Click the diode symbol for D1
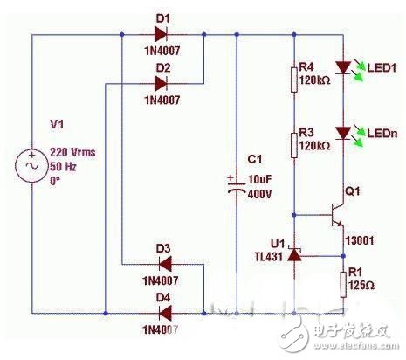click(x=161, y=36)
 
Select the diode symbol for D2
click(x=161, y=84)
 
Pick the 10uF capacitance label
click(x=259, y=177)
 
